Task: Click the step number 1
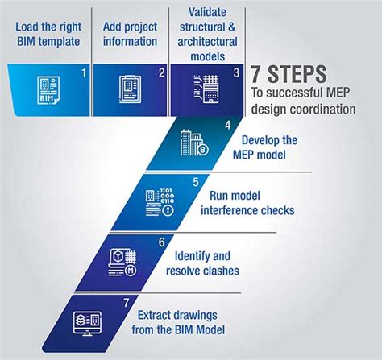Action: [x=84, y=72]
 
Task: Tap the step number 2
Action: [x=161, y=72]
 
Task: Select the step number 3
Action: [x=236, y=72]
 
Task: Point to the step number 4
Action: [x=228, y=126]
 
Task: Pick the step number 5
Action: [x=196, y=182]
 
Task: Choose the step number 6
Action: [x=161, y=242]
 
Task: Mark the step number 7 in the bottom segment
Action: [x=127, y=303]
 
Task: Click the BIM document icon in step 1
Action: [x=48, y=90]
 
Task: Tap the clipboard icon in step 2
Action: [x=130, y=89]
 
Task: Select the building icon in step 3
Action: [x=206, y=89]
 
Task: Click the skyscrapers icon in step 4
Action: [x=194, y=143]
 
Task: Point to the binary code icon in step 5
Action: [x=160, y=202]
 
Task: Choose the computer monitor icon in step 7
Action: [x=87, y=323]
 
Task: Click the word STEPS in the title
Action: [x=297, y=74]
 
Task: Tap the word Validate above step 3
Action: [x=207, y=12]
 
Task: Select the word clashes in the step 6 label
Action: [x=221, y=271]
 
